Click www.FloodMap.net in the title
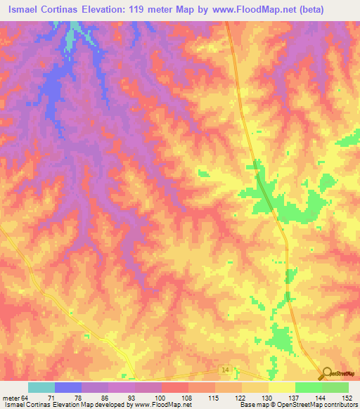tap(263, 10)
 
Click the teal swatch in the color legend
tap(41, 387)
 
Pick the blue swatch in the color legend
tap(68, 387)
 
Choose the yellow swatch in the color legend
tap(282, 387)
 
